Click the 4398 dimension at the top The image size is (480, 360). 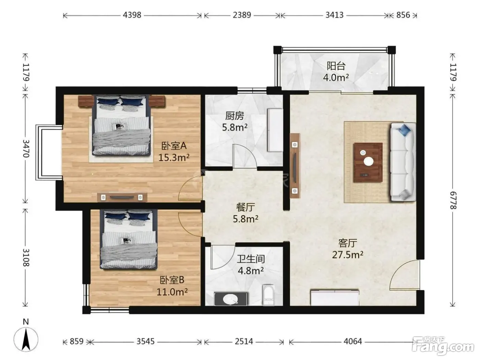(x=132, y=15)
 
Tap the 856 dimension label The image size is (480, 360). (x=403, y=15)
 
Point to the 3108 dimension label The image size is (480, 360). (x=26, y=257)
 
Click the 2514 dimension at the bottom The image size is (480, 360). (x=244, y=341)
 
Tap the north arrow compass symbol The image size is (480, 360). (x=26, y=339)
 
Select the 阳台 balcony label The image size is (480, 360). (x=336, y=66)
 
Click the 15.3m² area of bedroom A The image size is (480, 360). (x=174, y=157)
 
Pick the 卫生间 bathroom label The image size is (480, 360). (x=251, y=259)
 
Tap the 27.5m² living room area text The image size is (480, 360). (x=348, y=255)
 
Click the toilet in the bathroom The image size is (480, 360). (x=268, y=295)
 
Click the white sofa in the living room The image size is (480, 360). (x=403, y=162)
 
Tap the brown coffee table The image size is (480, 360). (x=368, y=163)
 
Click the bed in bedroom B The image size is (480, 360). (x=129, y=239)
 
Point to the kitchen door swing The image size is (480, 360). (x=245, y=156)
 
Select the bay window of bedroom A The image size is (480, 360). (x=49, y=153)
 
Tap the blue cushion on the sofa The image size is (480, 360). (x=405, y=130)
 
